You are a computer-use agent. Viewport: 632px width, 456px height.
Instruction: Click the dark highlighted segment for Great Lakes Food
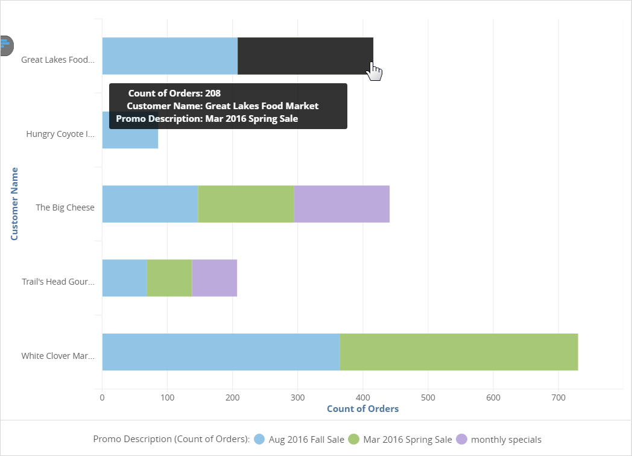[x=305, y=55]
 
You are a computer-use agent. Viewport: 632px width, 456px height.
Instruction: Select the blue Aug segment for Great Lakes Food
[x=169, y=55]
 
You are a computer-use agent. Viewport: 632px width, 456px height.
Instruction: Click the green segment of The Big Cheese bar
[x=245, y=204]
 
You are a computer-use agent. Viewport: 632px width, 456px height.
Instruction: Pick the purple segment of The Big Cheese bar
[x=341, y=204]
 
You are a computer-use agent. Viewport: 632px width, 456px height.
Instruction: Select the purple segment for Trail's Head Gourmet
[x=214, y=278]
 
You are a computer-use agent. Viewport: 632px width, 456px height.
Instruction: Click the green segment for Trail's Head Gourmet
[x=169, y=278]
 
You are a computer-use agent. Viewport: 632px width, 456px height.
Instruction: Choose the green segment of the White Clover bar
[x=458, y=352]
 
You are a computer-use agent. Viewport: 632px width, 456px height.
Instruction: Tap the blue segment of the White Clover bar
[x=221, y=352]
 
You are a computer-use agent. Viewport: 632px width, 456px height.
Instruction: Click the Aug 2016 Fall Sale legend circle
[x=260, y=439]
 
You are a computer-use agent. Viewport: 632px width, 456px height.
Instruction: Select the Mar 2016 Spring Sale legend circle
[x=354, y=439]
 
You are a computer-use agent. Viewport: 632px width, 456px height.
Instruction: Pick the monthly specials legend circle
[x=462, y=439]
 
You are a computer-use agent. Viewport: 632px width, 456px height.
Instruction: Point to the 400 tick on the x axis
[x=363, y=398]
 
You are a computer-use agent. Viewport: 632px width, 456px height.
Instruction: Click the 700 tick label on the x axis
[x=558, y=398]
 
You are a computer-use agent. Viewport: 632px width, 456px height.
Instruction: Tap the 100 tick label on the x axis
[x=168, y=398]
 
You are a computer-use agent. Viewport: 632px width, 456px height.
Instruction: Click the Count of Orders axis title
[x=362, y=409]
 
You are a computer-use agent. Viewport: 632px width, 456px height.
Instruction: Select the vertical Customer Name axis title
[x=14, y=204]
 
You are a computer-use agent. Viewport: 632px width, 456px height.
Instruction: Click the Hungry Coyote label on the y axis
[x=60, y=134]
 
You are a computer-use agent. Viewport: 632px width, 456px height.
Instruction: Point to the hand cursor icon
[x=374, y=72]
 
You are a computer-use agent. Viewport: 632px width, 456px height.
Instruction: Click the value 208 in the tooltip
[x=212, y=93]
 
